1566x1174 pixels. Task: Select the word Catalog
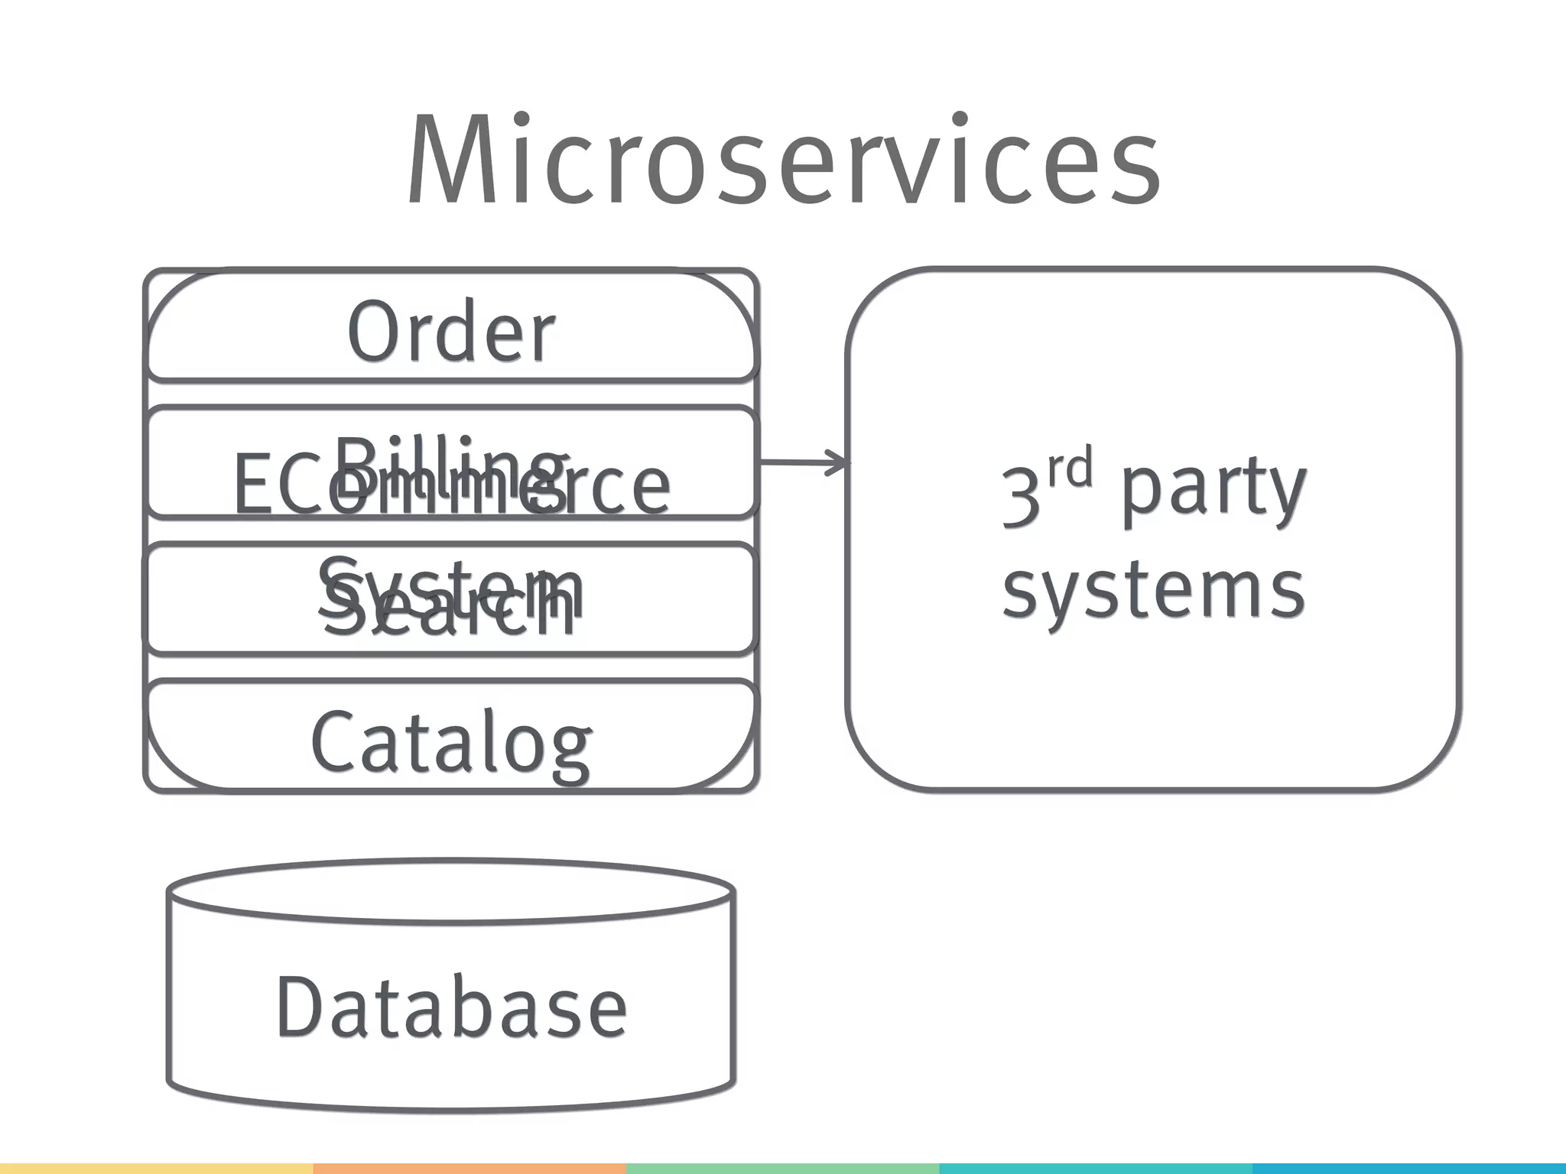451,741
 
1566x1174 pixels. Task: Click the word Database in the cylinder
451,1007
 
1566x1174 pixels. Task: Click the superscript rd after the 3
1069,469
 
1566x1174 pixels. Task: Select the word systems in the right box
1153,590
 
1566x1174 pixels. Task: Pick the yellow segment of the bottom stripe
157,1169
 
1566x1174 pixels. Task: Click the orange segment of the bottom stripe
469,1169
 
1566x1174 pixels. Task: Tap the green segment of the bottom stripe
783,1169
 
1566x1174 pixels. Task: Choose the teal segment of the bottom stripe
1252,1169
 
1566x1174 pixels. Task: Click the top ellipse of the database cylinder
451,891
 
